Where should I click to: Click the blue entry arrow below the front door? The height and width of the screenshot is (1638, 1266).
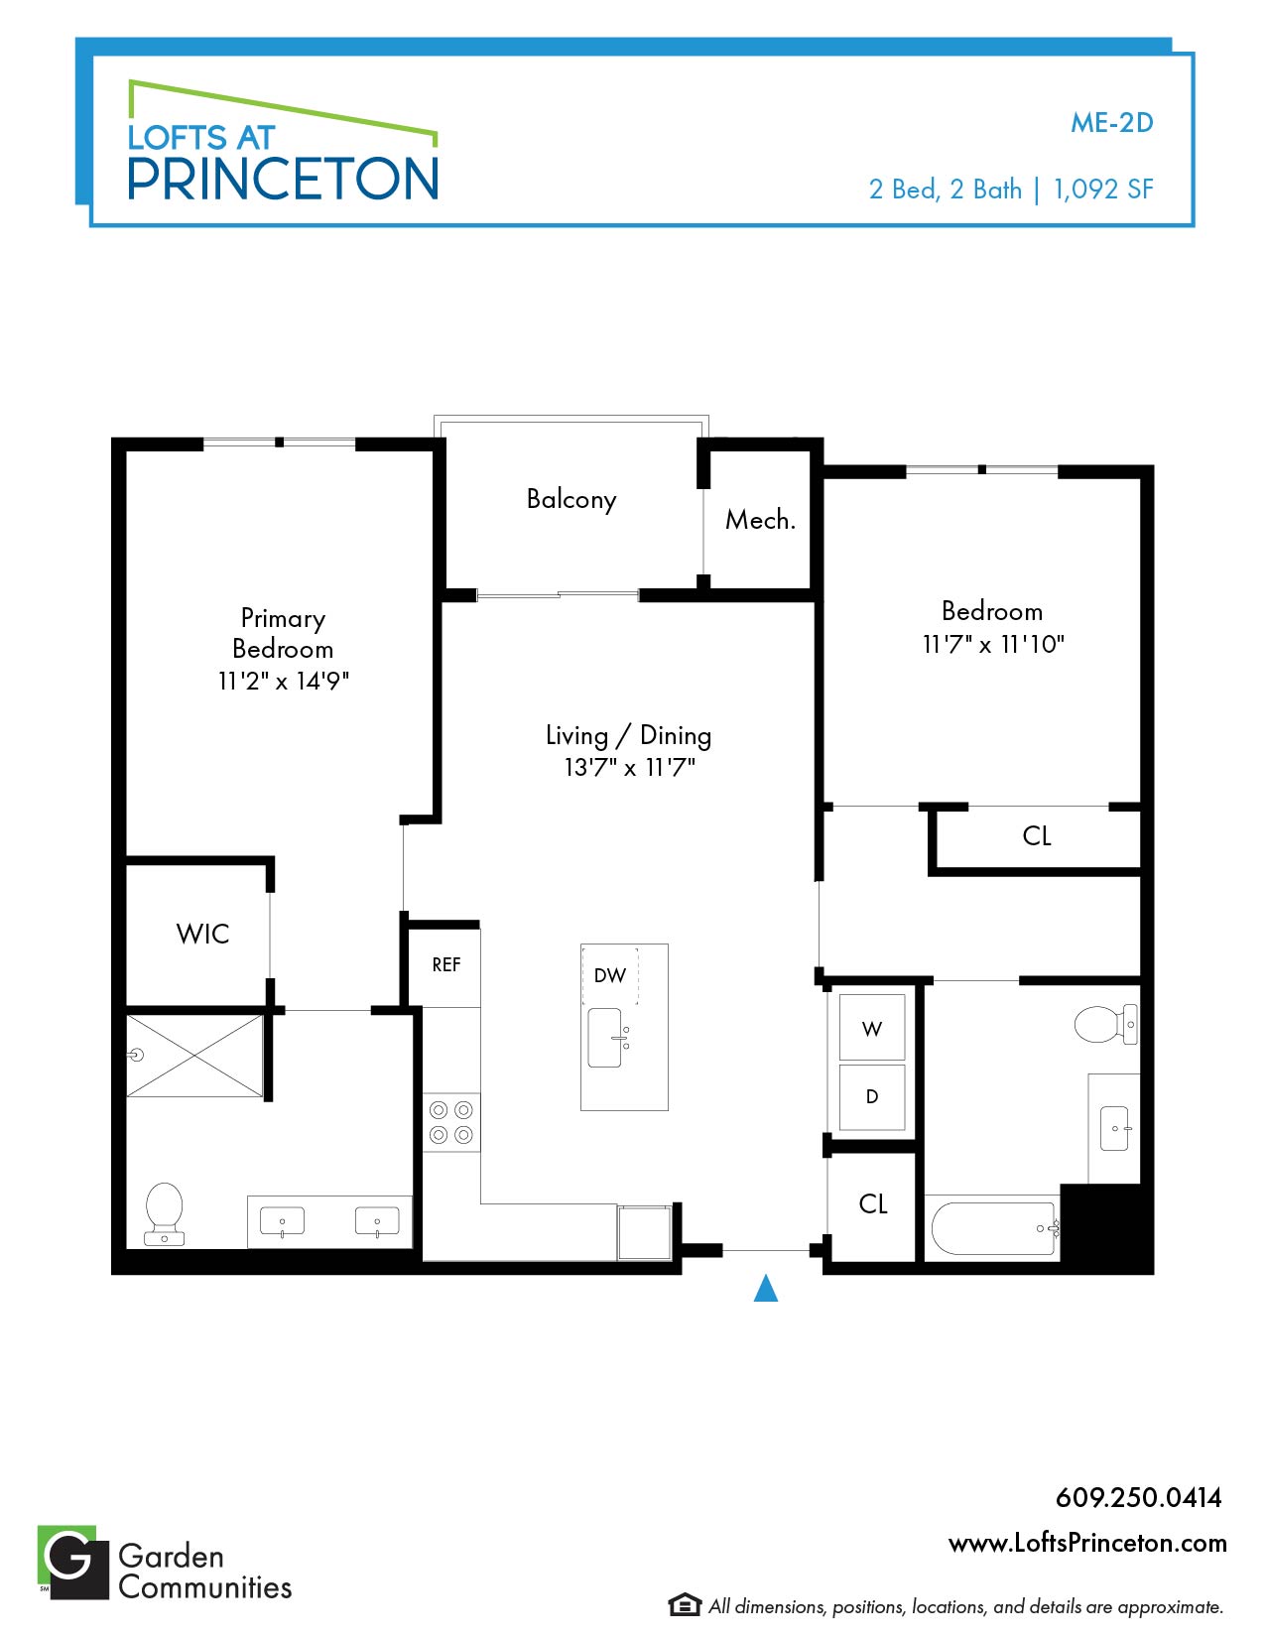pyautogui.click(x=766, y=1288)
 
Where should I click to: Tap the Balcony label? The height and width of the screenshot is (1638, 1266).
pyautogui.click(x=571, y=500)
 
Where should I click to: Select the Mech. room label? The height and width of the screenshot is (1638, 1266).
pyautogui.click(x=760, y=519)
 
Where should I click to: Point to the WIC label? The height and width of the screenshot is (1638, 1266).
pyautogui.click(x=202, y=934)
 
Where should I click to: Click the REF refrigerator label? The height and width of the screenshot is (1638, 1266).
pyautogui.click(x=446, y=965)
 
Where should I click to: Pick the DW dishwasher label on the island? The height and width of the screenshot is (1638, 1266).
pyautogui.click(x=609, y=975)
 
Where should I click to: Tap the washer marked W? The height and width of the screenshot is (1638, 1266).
pyautogui.click(x=872, y=1028)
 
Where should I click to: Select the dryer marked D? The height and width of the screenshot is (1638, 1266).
pyautogui.click(x=872, y=1096)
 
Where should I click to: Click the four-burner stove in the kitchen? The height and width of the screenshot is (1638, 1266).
pyautogui.click(x=451, y=1122)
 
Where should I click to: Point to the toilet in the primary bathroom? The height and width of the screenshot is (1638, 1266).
pyautogui.click(x=165, y=1213)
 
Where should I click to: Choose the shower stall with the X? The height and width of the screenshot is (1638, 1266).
pyautogui.click(x=195, y=1056)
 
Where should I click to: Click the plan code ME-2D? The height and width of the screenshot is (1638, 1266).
pyautogui.click(x=1112, y=122)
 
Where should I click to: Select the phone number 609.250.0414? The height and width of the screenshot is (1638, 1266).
pyautogui.click(x=1139, y=1497)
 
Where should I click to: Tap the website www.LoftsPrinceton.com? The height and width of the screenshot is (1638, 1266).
pyautogui.click(x=1087, y=1543)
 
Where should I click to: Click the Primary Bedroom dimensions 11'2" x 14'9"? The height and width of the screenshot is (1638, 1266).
pyautogui.click(x=284, y=681)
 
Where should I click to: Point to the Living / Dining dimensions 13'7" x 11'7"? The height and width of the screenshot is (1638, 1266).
pyautogui.click(x=629, y=767)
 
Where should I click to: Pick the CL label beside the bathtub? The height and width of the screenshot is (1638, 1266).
pyautogui.click(x=873, y=1203)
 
